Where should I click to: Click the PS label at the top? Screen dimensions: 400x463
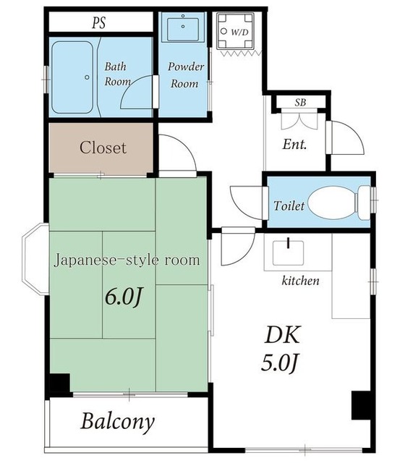98,22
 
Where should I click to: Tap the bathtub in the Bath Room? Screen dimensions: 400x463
72,77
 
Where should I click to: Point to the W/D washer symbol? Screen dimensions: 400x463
235,31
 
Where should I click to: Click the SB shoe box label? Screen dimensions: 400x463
300,103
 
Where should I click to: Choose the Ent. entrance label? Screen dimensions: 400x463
294,145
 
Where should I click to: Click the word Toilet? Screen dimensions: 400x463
289,205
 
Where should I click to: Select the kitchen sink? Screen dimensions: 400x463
288,252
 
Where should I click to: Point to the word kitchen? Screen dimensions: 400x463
300,281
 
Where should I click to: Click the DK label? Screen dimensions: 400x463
283,334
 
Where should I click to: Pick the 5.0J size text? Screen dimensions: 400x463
278,362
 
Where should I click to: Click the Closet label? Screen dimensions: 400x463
103,148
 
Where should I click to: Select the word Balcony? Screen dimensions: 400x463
117,421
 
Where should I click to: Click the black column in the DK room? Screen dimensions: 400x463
360,405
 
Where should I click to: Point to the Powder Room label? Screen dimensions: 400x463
186,75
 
